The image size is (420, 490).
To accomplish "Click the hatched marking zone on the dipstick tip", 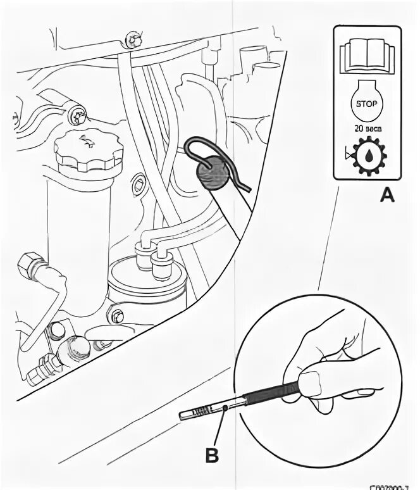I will [x=201, y=413].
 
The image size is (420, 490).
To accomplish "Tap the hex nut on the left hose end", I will [x=30, y=263].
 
